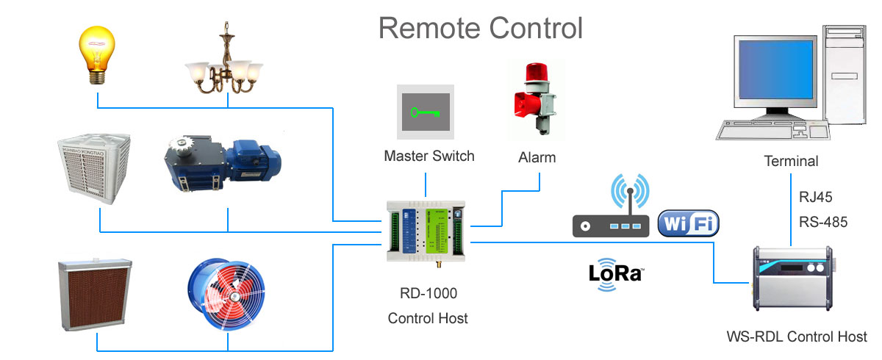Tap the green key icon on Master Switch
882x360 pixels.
click(426, 112)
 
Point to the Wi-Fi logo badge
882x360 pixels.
click(689, 223)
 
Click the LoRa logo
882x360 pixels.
click(616, 274)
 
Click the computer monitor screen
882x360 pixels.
click(777, 76)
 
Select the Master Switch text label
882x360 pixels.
click(429, 156)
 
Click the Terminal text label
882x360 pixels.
click(791, 161)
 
